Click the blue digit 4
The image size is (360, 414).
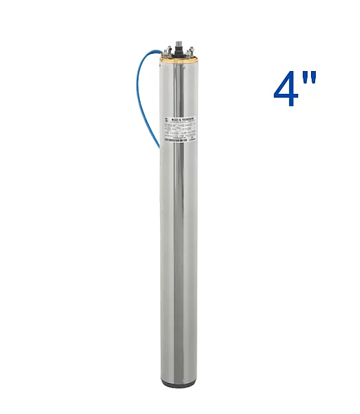pyautogui.click(x=287, y=88)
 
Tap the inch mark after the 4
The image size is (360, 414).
pyautogui.click(x=310, y=77)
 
